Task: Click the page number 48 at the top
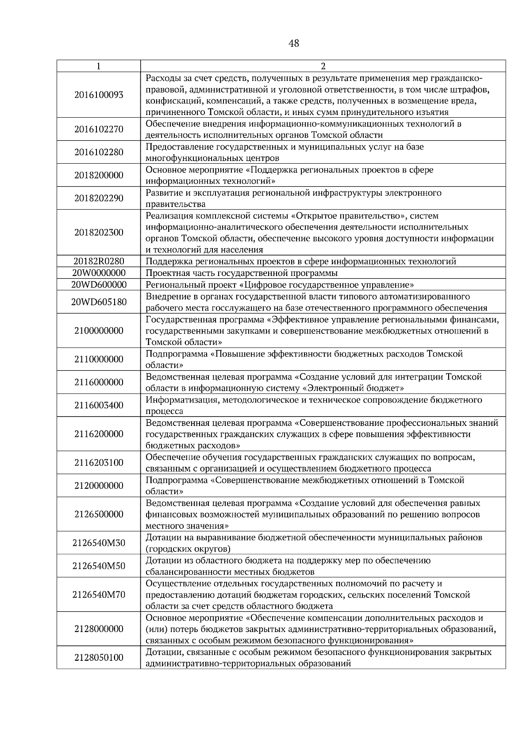[x=293, y=43]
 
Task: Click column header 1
[x=98, y=66]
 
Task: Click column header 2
[x=323, y=66]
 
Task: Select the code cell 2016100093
[x=99, y=95]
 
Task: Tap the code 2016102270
[x=99, y=130]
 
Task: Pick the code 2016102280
[x=99, y=153]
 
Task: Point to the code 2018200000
[x=99, y=176]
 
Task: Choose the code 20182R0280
[x=99, y=261]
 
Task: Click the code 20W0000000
[x=99, y=273]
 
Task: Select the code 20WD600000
[x=99, y=284]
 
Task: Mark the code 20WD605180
[x=99, y=302]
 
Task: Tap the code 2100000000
[x=99, y=331]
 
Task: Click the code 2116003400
[x=99, y=406]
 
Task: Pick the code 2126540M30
[x=99, y=543]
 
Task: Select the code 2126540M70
[x=99, y=595]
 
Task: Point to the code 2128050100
[x=99, y=658]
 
